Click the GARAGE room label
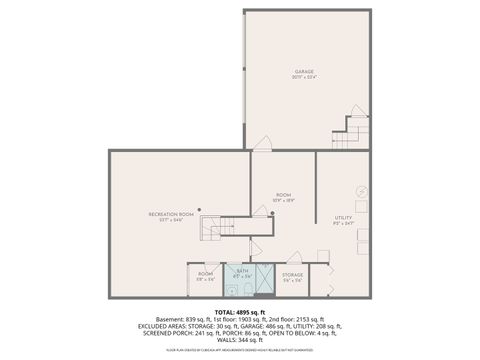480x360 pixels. [x=304, y=72]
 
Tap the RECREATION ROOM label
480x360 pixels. [x=171, y=215]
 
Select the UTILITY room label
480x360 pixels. [x=343, y=217]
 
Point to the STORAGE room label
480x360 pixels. [x=292, y=274]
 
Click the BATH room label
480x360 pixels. [x=241, y=270]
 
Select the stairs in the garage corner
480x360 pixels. [x=355, y=128]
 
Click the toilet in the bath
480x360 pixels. [x=232, y=290]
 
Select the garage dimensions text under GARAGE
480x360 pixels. [x=304, y=79]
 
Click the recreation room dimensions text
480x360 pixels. [x=171, y=221]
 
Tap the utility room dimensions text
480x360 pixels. [x=343, y=223]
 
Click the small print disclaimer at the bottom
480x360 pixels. [x=240, y=351]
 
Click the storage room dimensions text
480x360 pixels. [x=292, y=280]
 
